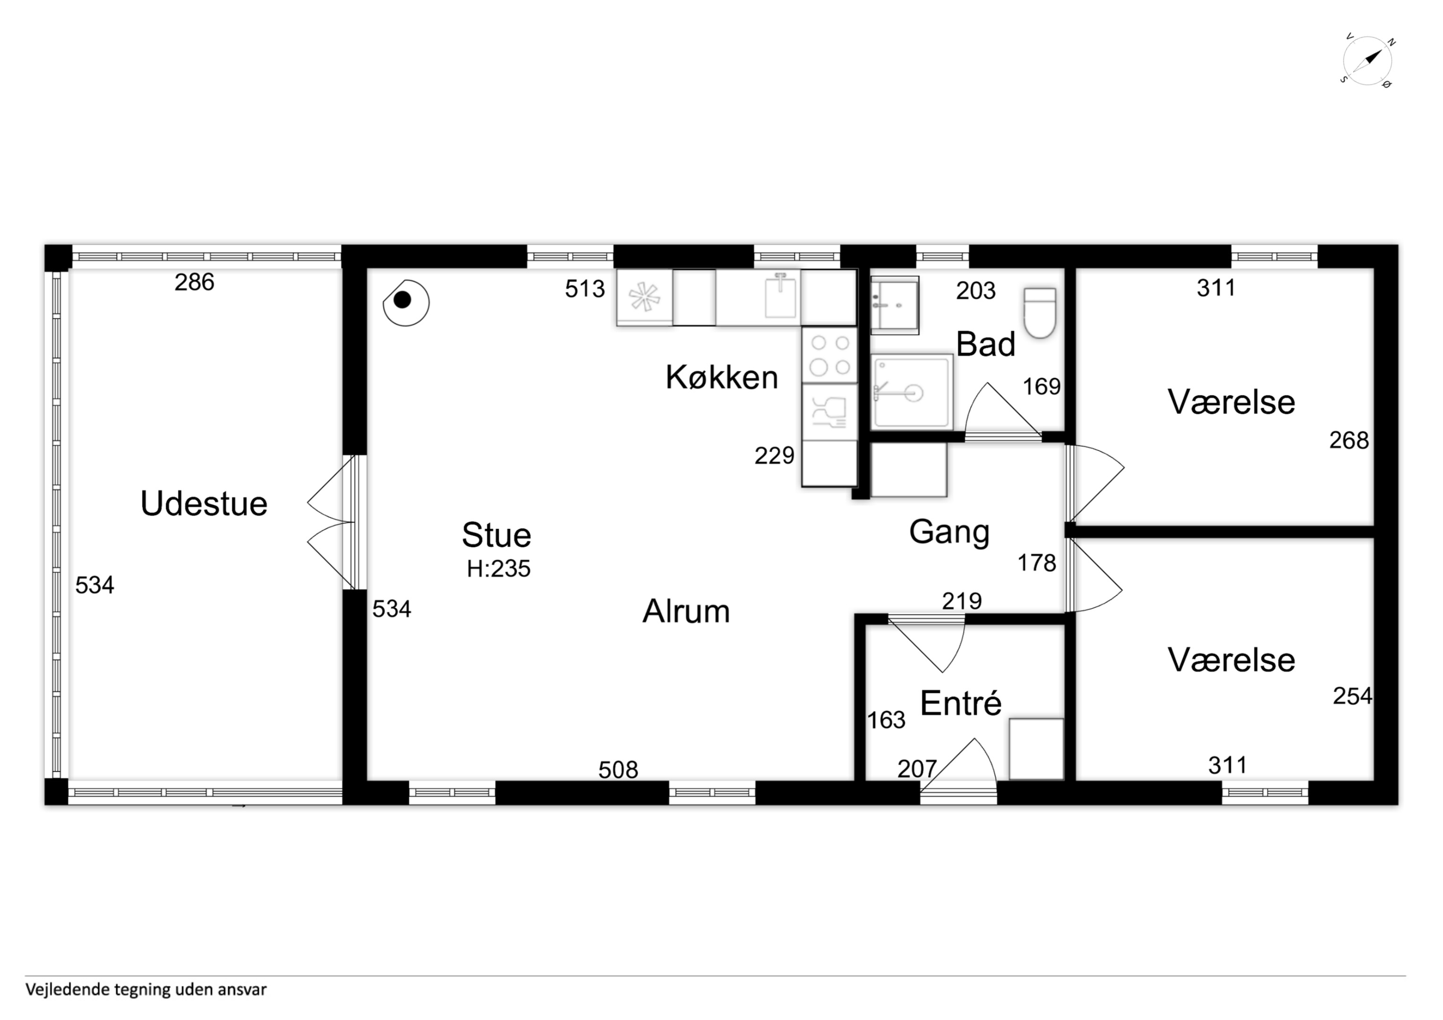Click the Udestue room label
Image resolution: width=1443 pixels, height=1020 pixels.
coord(204,504)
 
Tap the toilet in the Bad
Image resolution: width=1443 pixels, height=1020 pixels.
coord(1040,313)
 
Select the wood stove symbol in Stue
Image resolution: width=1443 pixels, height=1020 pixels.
coord(406,303)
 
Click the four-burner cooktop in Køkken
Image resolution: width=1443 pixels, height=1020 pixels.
coord(829,355)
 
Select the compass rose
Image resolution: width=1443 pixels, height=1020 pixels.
coord(1367,61)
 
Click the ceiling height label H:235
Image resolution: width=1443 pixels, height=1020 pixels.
coord(498,569)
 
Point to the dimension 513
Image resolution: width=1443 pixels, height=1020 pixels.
coord(584,289)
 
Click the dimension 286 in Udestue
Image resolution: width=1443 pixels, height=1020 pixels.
coord(194,283)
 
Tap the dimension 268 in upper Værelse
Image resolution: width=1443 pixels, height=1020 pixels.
coord(1349,441)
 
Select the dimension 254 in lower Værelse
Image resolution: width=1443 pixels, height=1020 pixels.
coord(1352,697)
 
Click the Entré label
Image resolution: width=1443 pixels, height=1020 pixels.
coord(960,703)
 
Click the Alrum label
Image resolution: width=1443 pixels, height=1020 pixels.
coord(686,612)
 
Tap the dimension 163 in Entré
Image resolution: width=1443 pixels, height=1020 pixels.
coord(886,720)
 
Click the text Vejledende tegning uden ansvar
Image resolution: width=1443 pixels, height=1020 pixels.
coord(146,990)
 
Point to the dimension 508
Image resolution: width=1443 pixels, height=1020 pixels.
coord(618,770)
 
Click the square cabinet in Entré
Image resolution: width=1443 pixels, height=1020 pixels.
coord(1036,749)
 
